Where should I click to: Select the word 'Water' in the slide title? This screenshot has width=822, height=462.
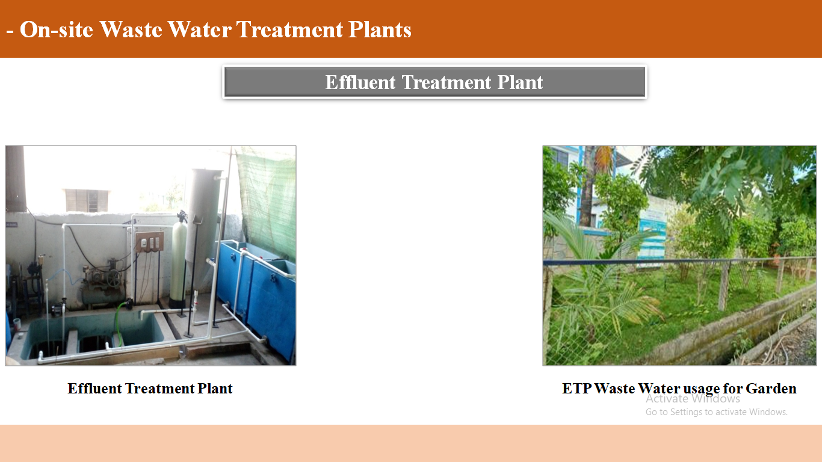click(200, 29)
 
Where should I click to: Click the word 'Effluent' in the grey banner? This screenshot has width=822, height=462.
click(360, 82)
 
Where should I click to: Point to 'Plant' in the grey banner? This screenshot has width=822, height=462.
click(520, 82)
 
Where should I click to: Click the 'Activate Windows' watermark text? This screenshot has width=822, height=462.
click(693, 398)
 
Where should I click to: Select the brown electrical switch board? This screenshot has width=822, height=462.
click(149, 242)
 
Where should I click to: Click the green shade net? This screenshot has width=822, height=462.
click(267, 202)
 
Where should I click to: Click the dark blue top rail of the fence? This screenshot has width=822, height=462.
click(679, 261)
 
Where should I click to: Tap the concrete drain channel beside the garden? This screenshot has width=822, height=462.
click(731, 330)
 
